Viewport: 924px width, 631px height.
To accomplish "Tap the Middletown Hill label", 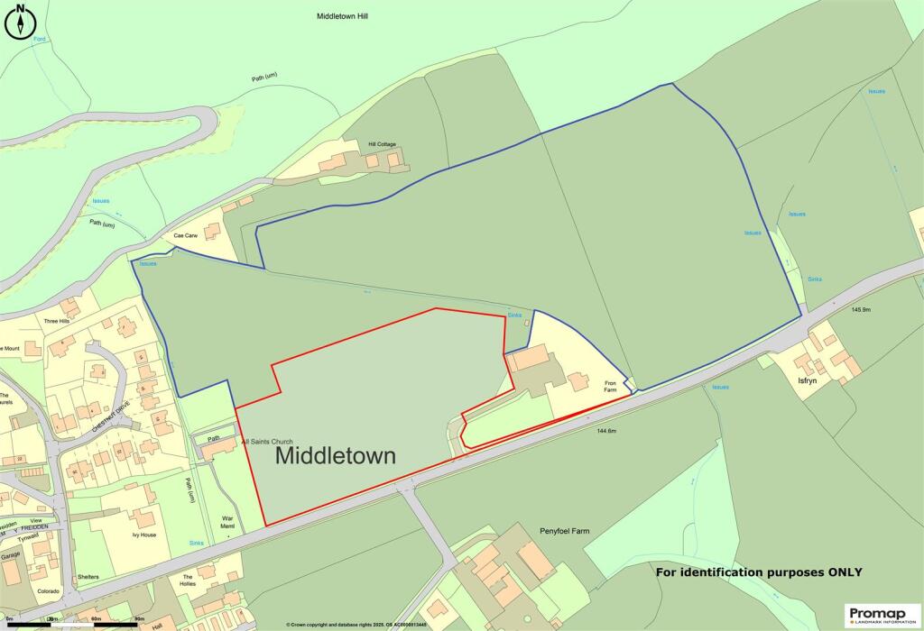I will coord(342,16).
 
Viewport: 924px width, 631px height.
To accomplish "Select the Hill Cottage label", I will coord(382,144).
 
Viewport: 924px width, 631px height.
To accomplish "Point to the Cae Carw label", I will coord(185,235).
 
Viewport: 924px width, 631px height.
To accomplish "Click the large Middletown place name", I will coord(335,455).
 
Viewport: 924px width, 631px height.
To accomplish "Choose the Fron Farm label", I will coord(615,387).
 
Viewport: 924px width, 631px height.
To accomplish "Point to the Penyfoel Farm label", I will coord(564,531).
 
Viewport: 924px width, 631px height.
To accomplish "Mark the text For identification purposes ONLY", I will coord(758,572).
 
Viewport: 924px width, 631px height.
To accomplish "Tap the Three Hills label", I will coord(57,321).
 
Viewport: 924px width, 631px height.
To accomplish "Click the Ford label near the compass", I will coord(39,40).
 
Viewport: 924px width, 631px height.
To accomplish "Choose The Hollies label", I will coord(189,581).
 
